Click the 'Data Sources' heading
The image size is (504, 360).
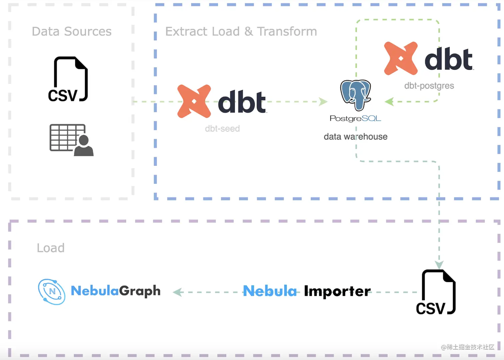(72, 32)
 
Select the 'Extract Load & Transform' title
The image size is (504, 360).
(241, 32)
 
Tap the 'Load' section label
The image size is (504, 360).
(51, 248)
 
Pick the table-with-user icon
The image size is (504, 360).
(71, 140)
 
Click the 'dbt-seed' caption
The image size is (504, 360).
(222, 129)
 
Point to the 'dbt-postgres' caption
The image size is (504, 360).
(429, 86)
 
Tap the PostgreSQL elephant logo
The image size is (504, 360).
(355, 95)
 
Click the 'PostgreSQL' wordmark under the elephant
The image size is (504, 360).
(355, 119)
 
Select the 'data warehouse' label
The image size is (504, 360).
(355, 137)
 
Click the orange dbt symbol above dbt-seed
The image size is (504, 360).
(194, 101)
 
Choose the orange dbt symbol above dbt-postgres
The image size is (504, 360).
(401, 58)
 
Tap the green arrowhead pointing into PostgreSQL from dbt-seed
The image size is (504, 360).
(323, 102)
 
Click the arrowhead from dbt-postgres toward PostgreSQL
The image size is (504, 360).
(389, 102)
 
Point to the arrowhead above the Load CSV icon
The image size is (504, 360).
(439, 265)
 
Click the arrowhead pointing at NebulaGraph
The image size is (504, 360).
(178, 292)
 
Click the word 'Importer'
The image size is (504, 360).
(337, 291)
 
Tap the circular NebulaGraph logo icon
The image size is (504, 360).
(52, 292)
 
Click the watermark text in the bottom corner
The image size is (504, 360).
(467, 347)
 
